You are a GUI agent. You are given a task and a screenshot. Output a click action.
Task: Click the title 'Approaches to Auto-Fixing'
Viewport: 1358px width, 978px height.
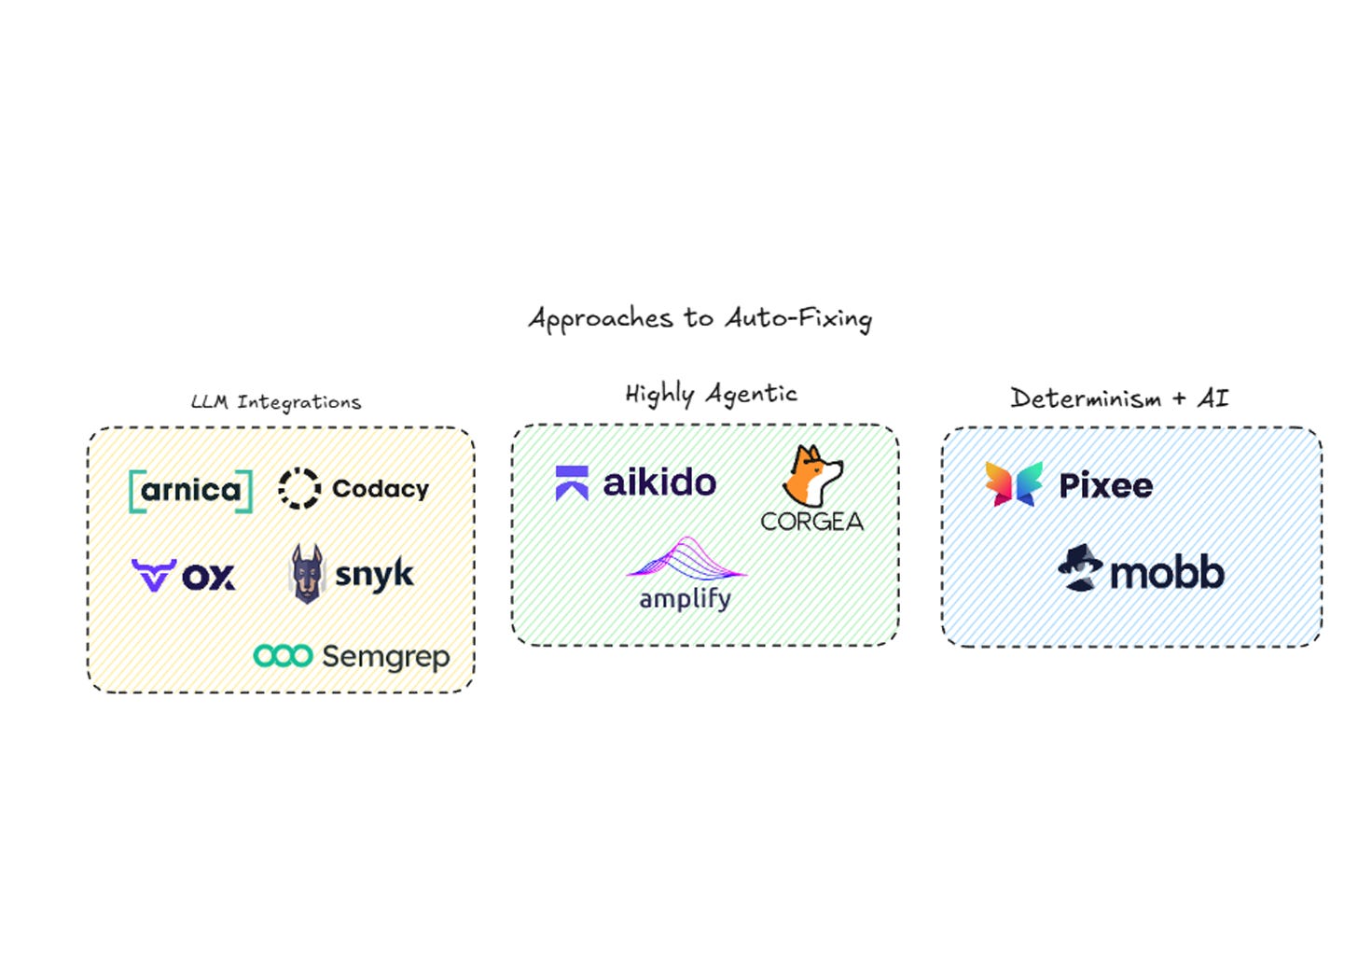pyautogui.click(x=700, y=319)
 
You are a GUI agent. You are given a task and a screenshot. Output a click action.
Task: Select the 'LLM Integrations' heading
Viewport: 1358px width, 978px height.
pyautogui.click(x=276, y=402)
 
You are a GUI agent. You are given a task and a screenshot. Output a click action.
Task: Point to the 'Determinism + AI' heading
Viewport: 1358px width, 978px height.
pyautogui.click(x=1119, y=398)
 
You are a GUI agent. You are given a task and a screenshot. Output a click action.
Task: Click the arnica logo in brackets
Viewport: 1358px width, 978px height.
pyautogui.click(x=191, y=491)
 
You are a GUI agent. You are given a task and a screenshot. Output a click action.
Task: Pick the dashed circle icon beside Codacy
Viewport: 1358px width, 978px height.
pyautogui.click(x=299, y=488)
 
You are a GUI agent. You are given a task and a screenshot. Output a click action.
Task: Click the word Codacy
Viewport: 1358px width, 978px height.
pyautogui.click(x=381, y=489)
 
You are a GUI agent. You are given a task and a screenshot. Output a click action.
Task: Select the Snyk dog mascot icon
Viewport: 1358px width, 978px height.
pyautogui.click(x=307, y=574)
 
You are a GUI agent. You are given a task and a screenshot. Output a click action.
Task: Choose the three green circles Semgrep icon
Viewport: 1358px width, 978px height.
pyautogui.click(x=283, y=656)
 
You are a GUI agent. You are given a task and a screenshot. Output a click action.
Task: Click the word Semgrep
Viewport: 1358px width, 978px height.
pyautogui.click(x=385, y=658)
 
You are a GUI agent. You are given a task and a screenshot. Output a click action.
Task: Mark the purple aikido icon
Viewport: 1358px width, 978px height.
pyautogui.click(x=572, y=482)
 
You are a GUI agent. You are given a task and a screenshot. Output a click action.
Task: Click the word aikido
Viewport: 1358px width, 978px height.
pyautogui.click(x=659, y=482)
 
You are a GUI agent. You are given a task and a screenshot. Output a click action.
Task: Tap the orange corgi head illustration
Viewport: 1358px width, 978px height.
pyautogui.click(x=812, y=476)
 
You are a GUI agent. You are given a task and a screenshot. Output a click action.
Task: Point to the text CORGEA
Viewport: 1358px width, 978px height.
pyautogui.click(x=811, y=522)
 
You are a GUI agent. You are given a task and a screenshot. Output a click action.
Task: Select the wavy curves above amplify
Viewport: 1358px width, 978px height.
pyautogui.click(x=686, y=558)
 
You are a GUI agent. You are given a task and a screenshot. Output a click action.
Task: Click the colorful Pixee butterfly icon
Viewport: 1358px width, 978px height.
pyautogui.click(x=1014, y=484)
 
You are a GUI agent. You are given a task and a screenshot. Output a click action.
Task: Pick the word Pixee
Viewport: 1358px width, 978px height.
pyautogui.click(x=1105, y=486)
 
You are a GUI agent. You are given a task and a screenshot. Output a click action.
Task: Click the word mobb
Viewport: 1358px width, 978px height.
pyautogui.click(x=1167, y=573)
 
